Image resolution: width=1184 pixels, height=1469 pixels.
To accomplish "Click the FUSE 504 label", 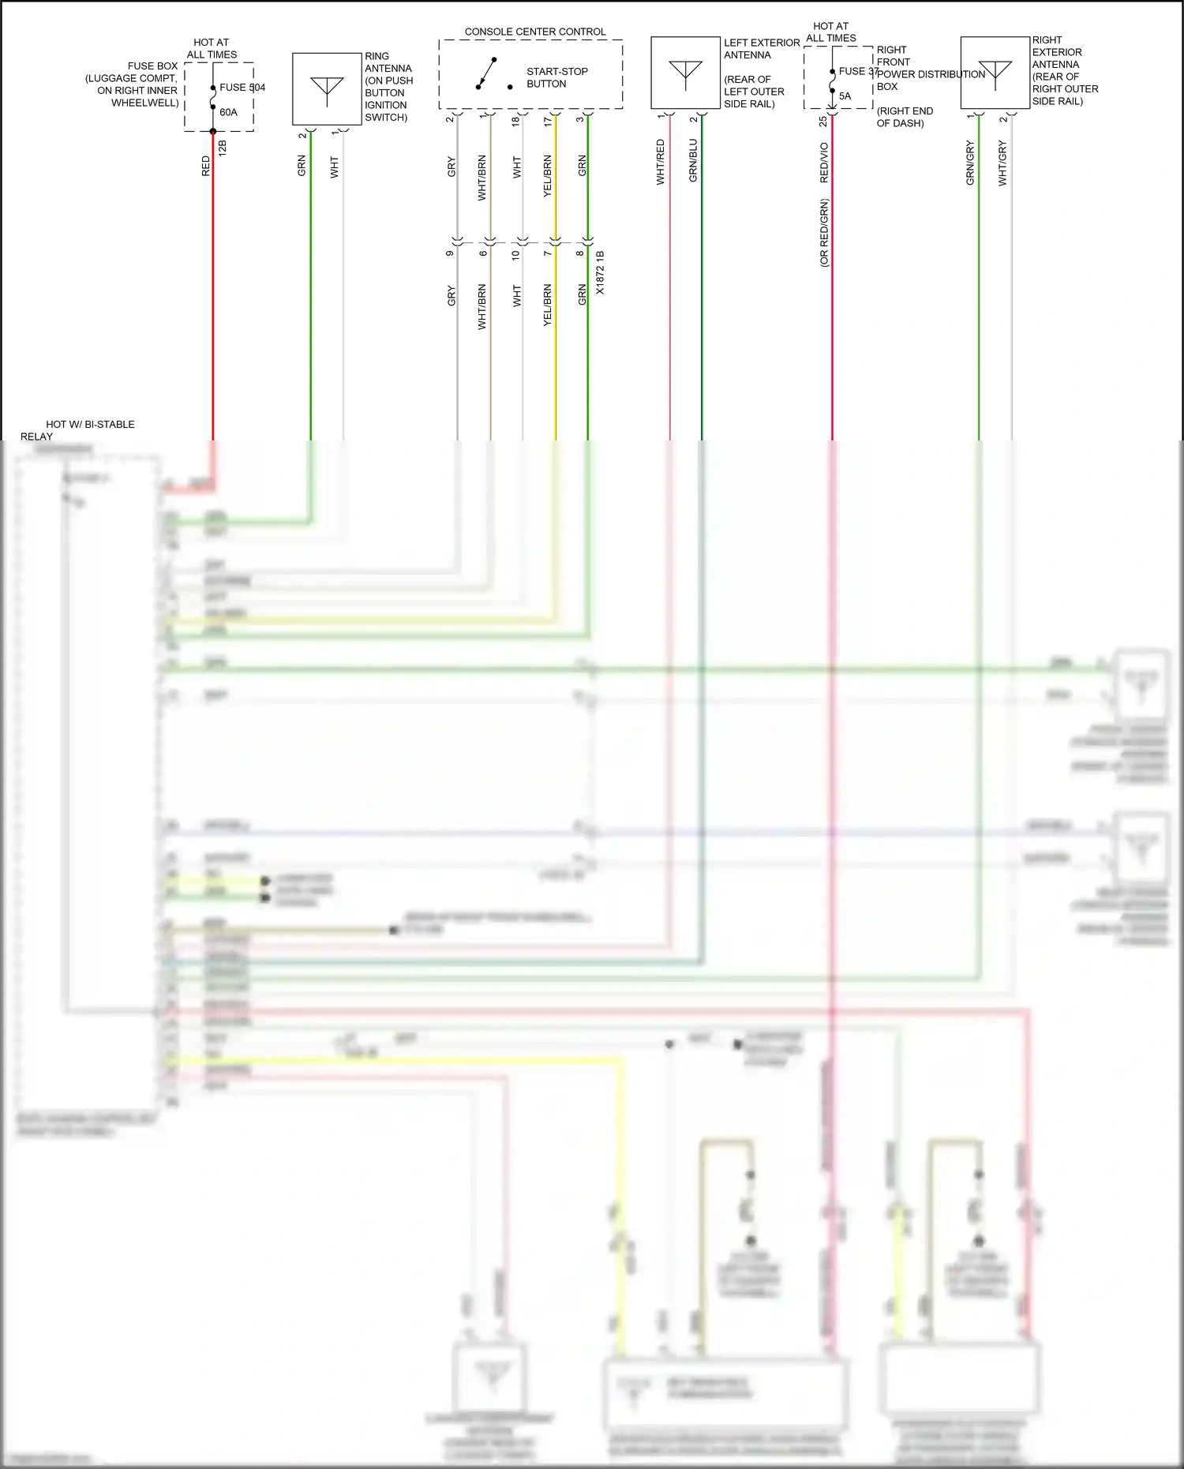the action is tap(242, 88).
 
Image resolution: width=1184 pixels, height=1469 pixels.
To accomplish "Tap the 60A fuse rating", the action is tap(228, 112).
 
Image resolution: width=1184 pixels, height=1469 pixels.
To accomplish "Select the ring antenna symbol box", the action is tap(327, 88).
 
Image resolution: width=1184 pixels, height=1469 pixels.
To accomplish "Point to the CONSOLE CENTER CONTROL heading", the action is tap(535, 32).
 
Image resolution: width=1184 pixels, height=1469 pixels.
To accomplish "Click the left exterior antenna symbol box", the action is tap(685, 73).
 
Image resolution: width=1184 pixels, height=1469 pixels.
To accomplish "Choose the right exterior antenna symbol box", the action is tap(995, 73).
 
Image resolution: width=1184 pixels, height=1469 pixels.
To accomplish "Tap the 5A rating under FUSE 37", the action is tap(845, 96).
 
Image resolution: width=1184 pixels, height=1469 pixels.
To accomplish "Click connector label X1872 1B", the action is tap(600, 273).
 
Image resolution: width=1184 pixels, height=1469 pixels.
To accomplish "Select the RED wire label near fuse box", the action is tap(206, 166).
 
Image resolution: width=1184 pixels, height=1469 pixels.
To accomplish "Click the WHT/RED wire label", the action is tap(661, 162).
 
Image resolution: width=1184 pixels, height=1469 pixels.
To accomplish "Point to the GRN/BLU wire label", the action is tap(693, 160).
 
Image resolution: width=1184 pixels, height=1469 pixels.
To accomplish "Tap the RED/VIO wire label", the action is tap(824, 163).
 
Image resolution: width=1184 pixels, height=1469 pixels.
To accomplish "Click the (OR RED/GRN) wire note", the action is tap(824, 233).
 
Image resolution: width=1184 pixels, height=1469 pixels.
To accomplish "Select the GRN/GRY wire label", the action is tap(970, 163).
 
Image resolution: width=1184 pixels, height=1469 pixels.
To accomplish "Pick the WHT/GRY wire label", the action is tap(1002, 163).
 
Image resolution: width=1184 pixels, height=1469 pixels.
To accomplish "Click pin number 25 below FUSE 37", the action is tap(823, 122).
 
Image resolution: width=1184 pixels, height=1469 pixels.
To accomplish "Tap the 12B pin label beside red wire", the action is tap(223, 148).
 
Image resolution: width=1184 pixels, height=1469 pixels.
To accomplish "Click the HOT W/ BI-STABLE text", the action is tap(90, 425).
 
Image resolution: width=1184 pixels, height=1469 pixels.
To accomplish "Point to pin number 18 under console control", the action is tap(515, 121).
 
